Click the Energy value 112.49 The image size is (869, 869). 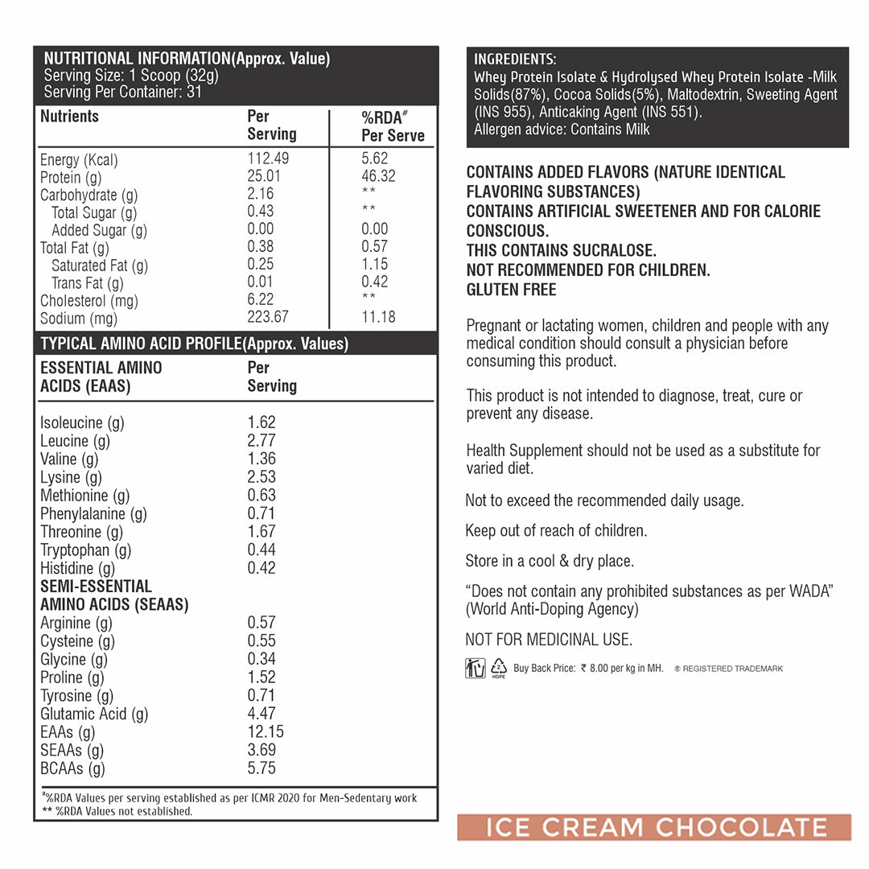click(268, 159)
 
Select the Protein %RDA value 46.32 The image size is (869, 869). click(378, 176)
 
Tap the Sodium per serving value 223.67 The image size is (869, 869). click(268, 317)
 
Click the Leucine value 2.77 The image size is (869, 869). click(262, 440)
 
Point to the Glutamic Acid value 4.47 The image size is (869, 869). click(262, 713)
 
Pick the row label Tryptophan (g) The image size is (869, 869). click(85, 550)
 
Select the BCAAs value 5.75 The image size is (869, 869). click(262, 768)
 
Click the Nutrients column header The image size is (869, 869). click(69, 117)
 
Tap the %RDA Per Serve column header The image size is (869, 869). click(392, 126)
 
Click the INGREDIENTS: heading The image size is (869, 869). click(514, 60)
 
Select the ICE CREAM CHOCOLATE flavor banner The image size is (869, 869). click(654, 827)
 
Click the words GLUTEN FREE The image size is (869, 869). click(511, 290)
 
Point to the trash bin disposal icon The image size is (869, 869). click(475, 668)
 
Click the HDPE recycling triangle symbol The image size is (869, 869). click(499, 668)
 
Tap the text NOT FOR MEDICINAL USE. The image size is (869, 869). click(549, 640)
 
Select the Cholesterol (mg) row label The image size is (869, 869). click(89, 300)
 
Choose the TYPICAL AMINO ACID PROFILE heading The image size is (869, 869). click(194, 344)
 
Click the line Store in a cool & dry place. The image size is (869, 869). click(550, 561)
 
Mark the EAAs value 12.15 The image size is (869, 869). click(266, 731)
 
